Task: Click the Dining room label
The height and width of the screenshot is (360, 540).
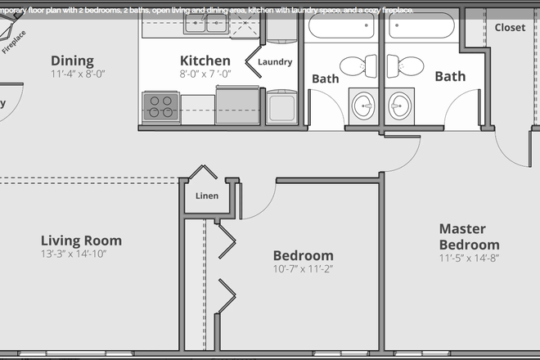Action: pyautogui.click(x=72, y=61)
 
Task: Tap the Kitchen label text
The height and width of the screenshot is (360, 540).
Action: pyautogui.click(x=205, y=61)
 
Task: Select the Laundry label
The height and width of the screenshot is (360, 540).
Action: pyautogui.click(x=274, y=62)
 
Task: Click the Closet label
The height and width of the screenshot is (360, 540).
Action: pyautogui.click(x=510, y=27)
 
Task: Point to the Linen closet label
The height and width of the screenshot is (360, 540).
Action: pyautogui.click(x=207, y=196)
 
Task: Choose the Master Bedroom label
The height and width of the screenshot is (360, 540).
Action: pyautogui.click(x=469, y=236)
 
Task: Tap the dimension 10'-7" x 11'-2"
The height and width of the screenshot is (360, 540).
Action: pyautogui.click(x=303, y=268)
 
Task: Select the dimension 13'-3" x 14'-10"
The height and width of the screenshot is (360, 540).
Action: pyautogui.click(x=74, y=254)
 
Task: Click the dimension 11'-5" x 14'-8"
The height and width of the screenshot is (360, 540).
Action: pyautogui.click(x=469, y=258)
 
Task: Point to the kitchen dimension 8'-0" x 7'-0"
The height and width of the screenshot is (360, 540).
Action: pyautogui.click(x=205, y=74)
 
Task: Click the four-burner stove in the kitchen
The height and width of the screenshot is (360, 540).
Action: pyautogui.click(x=160, y=106)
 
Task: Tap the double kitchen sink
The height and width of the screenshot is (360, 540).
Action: pyautogui.click(x=205, y=25)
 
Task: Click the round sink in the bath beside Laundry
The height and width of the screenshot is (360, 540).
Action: pyautogui.click(x=362, y=105)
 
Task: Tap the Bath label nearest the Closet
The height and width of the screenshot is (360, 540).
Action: pyautogui.click(x=450, y=76)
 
